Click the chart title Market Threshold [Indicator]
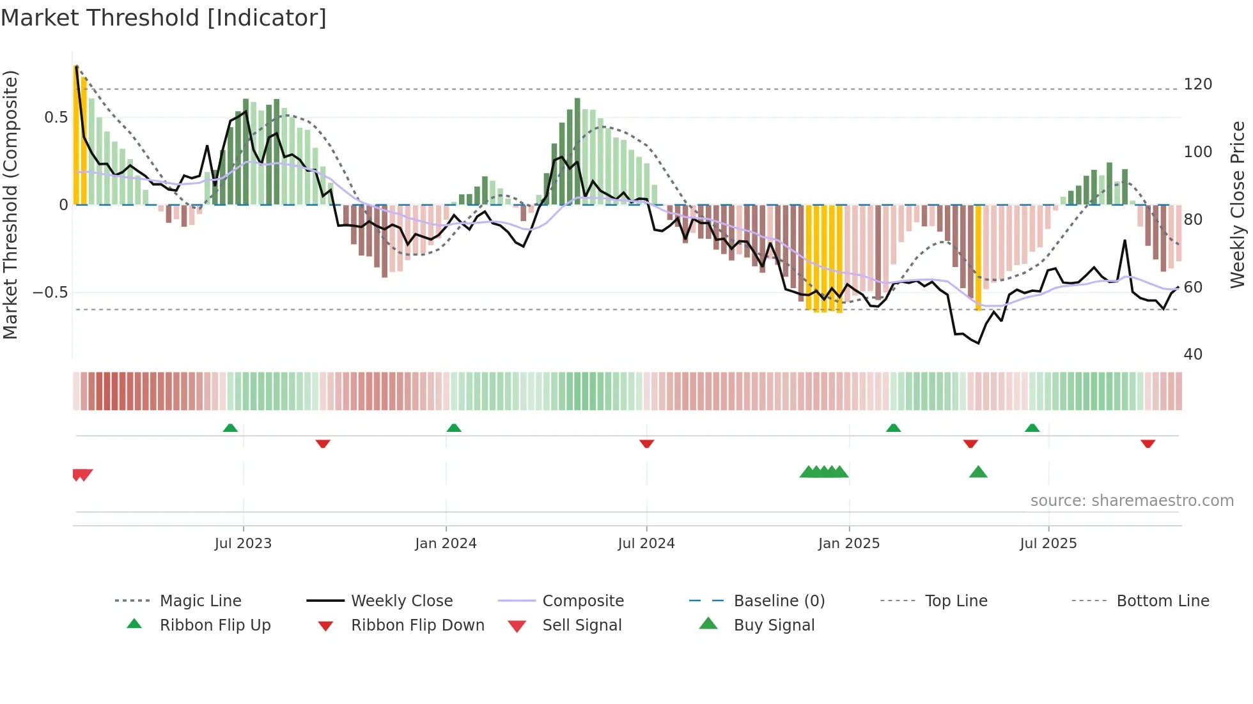pos(164,18)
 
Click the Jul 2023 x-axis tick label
pos(243,544)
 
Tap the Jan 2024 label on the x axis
pos(446,544)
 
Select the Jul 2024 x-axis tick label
pos(646,544)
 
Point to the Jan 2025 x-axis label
pos(848,544)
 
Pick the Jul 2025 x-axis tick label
pos(1048,544)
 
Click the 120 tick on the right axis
pos(1197,84)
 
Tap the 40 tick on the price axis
pos(1193,355)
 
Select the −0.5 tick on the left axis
pos(50,293)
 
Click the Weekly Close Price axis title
pos(1238,204)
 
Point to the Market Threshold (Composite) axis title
pos(10,204)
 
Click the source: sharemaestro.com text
pos(1132,501)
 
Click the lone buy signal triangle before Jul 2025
pos(978,472)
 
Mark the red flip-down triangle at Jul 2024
pos(646,443)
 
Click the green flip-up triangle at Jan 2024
pos(454,427)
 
